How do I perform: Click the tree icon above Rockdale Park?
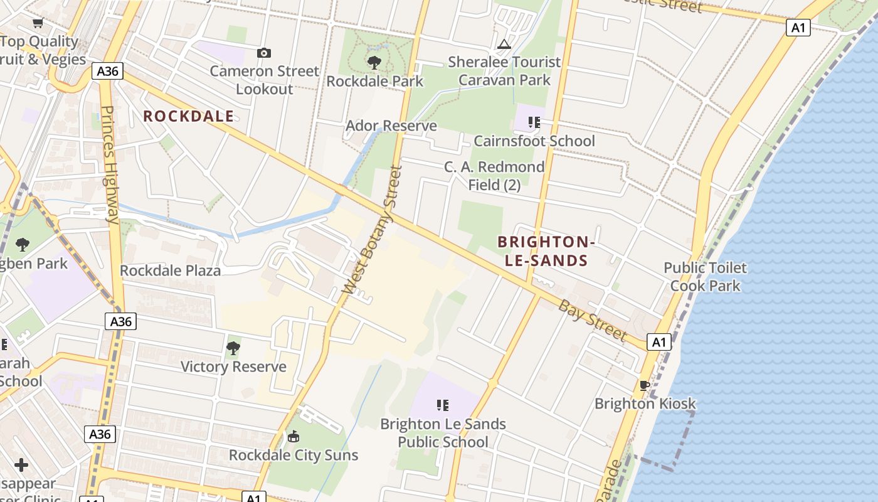coord(374,62)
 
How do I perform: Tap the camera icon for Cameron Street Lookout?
coord(264,53)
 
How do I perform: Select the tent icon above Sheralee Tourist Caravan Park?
coord(504,44)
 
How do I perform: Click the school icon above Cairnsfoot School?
coord(534,122)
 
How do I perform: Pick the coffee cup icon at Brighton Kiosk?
coord(644,385)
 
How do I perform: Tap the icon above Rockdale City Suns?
coord(293,436)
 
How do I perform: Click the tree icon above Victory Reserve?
coord(233,348)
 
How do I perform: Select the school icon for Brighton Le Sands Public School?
coord(443,405)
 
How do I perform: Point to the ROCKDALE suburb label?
coord(188,116)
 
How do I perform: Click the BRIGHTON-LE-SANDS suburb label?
coord(544,251)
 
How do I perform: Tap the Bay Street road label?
coord(592,320)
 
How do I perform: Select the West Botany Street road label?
coord(371,230)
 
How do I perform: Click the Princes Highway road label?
coord(109,164)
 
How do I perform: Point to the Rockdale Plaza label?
coord(170,270)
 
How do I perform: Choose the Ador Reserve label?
coord(391,126)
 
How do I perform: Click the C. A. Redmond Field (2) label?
coord(494,176)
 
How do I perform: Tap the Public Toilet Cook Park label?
coord(706,277)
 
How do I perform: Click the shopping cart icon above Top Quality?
coord(38,23)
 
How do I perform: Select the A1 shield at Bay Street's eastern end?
coord(658,342)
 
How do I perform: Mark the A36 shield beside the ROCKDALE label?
coord(107,71)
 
